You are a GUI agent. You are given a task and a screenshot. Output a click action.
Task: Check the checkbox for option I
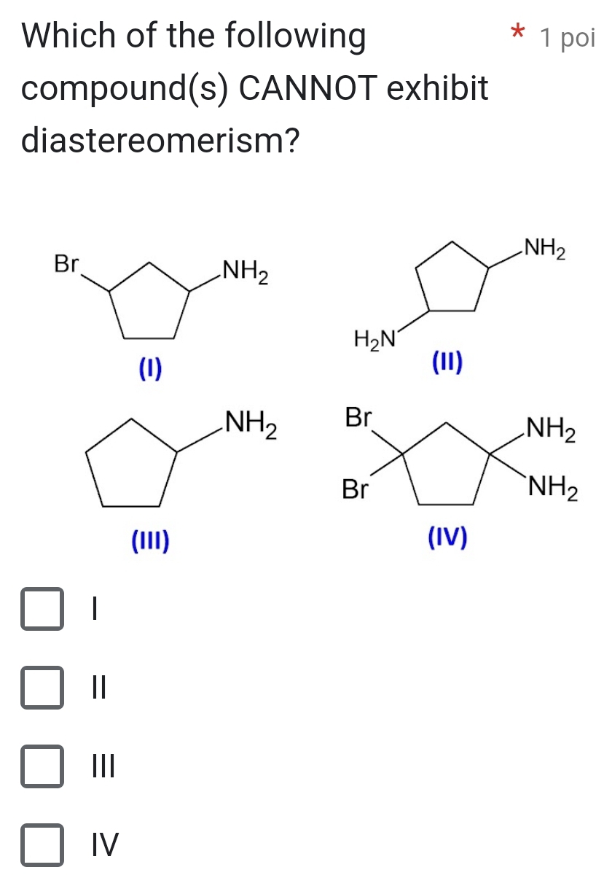[42, 608]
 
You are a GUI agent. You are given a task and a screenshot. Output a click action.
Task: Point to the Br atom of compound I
[66, 265]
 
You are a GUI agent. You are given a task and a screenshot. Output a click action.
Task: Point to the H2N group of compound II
[375, 338]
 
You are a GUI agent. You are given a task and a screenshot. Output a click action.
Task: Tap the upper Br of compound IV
[358, 418]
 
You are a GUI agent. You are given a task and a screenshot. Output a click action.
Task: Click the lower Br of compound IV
[356, 490]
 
